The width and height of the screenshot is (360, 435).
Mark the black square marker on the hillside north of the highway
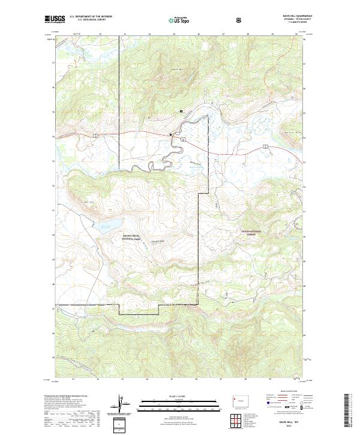pyautogui.click(x=181, y=111)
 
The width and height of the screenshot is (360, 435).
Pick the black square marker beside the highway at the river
pyautogui.click(x=170, y=134)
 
